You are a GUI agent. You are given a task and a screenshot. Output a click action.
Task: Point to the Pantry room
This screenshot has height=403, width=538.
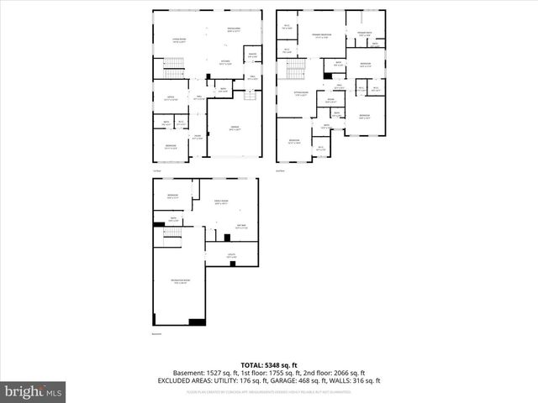pyautogui.click(x=251, y=56)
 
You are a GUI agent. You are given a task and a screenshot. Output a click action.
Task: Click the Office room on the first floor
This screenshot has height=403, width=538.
pyautogui.click(x=171, y=98)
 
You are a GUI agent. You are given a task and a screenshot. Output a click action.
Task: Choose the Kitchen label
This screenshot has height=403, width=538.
pyautogui.click(x=225, y=61)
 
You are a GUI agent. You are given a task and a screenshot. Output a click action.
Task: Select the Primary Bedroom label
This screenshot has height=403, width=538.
pyautogui.click(x=322, y=35)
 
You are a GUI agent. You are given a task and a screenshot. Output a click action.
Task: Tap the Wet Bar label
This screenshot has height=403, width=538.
pyautogui.click(x=240, y=227)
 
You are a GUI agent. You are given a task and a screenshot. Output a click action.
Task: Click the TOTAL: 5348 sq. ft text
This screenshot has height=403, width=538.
pyautogui.click(x=269, y=364)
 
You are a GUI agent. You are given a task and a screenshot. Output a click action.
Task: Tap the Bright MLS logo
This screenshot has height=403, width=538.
pyautogui.click(x=34, y=391)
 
